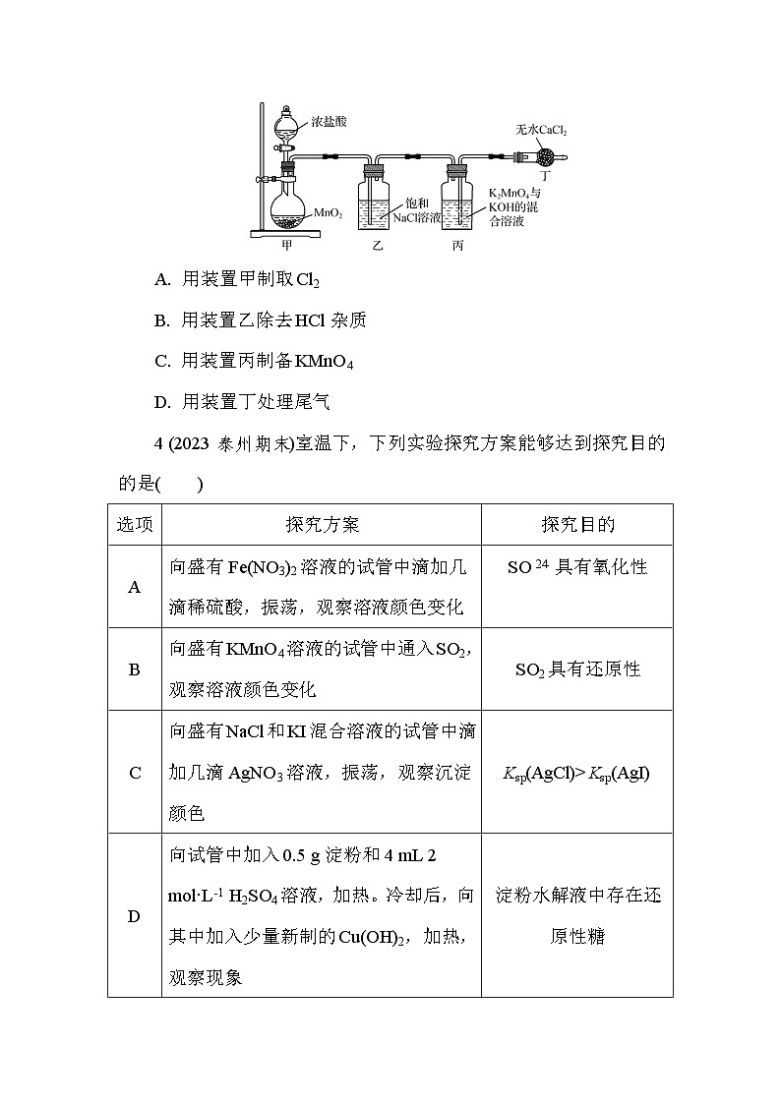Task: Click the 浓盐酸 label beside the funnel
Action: click(330, 121)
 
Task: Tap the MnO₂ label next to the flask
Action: click(329, 211)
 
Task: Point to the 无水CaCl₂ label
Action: click(542, 129)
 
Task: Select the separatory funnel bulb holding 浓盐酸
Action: click(286, 125)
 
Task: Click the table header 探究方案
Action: click(322, 525)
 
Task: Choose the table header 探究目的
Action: click(577, 525)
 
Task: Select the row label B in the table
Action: click(135, 669)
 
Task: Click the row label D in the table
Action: click(135, 916)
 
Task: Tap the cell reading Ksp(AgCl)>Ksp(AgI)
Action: click(576, 773)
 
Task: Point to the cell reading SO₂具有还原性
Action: click(577, 669)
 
